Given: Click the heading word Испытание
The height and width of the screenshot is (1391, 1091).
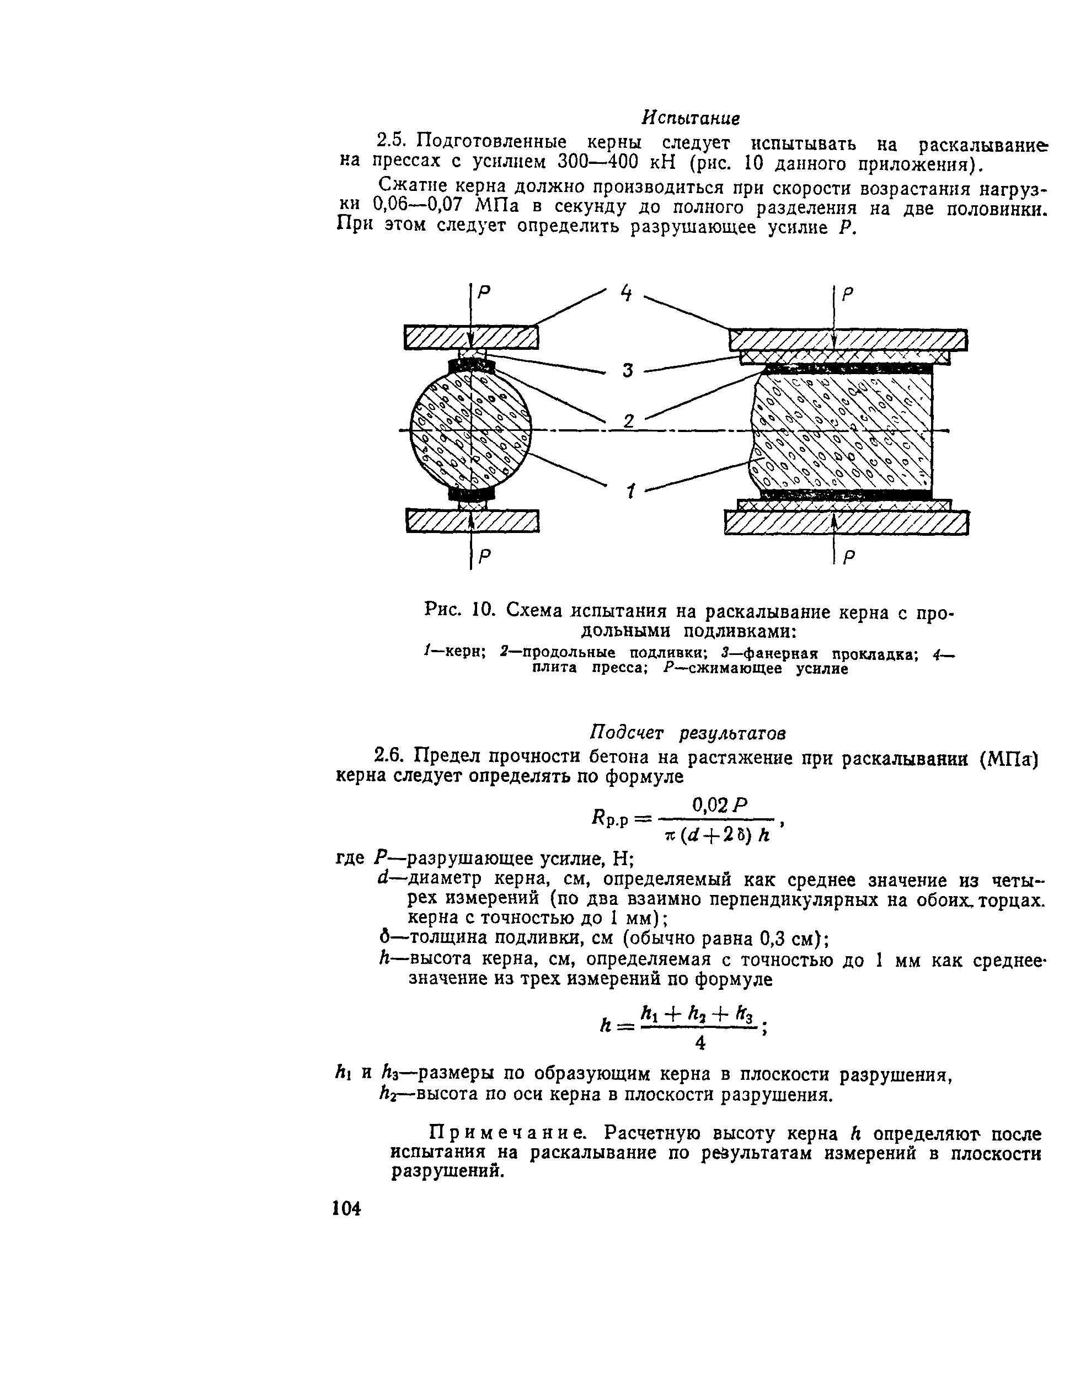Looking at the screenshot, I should pyautogui.click(x=690, y=118).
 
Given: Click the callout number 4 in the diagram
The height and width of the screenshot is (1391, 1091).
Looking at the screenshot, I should pyautogui.click(x=626, y=294).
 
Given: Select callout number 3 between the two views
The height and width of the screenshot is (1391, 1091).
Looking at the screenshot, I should pyautogui.click(x=627, y=370).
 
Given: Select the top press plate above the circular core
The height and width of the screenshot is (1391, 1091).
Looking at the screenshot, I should pyautogui.click(x=472, y=337).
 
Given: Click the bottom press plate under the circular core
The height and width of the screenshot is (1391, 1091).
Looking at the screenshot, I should pyautogui.click(x=472, y=521).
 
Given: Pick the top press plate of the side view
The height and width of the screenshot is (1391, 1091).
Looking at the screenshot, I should pyautogui.click(x=848, y=339).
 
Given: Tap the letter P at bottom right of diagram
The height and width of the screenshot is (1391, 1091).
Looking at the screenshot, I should pyautogui.click(x=848, y=558).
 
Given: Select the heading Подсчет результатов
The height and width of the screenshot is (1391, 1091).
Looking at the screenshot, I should pyautogui.click(x=687, y=732).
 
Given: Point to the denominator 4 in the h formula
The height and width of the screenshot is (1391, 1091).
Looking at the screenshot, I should pyautogui.click(x=700, y=1043).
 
